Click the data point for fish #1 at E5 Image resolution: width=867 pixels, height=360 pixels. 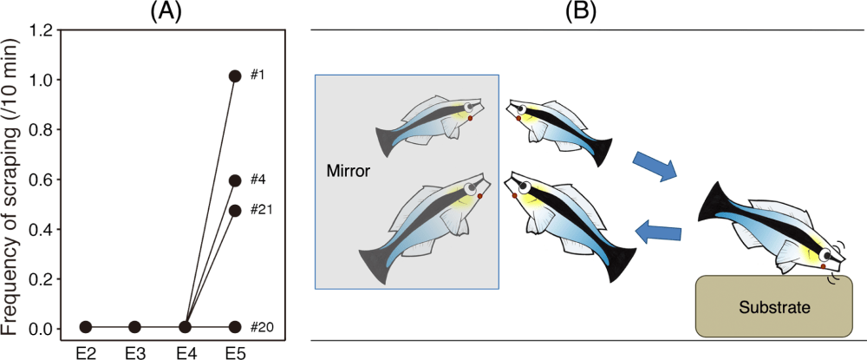235,76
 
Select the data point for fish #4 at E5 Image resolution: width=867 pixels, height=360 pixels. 235,180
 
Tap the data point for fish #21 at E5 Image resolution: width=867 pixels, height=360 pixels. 235,210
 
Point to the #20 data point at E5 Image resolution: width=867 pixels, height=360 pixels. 235,327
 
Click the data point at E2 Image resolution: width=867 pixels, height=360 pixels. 84,327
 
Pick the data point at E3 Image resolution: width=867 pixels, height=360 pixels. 134,327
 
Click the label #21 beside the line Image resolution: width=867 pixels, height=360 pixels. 261,209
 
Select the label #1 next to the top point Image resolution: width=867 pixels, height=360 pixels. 257,75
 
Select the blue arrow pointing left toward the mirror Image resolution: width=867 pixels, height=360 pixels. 658,229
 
